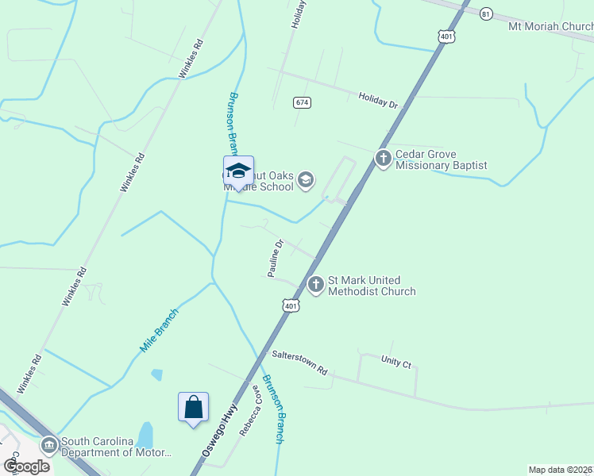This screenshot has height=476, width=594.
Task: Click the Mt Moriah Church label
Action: click(550, 26)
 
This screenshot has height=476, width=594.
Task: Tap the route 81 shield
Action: click(487, 13)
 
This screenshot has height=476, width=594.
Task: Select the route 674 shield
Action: click(302, 102)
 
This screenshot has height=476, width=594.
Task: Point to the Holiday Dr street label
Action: click(377, 100)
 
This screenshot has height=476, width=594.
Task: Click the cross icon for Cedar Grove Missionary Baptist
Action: click(383, 158)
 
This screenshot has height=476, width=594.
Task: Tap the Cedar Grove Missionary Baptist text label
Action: click(441, 159)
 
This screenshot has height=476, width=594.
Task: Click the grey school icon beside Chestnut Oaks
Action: click(305, 182)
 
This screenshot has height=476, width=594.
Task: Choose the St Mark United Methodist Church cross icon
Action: click(316, 284)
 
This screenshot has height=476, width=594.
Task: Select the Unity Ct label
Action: click(395, 363)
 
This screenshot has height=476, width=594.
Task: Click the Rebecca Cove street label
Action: click(249, 410)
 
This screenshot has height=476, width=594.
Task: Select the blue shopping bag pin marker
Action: click(194, 408)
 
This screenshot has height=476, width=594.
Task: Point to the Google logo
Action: click(27, 466)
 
